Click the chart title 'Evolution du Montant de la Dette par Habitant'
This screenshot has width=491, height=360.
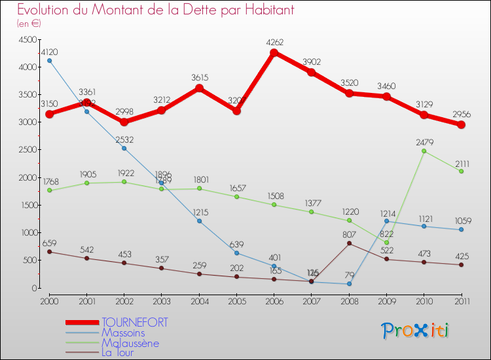(x=156, y=10)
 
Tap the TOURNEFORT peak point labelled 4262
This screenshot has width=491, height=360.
(x=274, y=52)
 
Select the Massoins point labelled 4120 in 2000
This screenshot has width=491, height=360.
(x=50, y=60)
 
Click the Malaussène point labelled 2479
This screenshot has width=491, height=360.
(x=424, y=151)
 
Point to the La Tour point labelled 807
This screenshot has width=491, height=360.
(x=350, y=243)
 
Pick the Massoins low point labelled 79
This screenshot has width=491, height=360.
(x=350, y=283)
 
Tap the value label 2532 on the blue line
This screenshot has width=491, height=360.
(x=124, y=139)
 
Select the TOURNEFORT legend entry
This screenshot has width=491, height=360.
(x=135, y=322)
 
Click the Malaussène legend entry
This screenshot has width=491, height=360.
(x=130, y=343)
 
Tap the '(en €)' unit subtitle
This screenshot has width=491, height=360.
(x=29, y=24)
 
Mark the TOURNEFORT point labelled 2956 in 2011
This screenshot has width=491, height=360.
(x=461, y=124)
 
